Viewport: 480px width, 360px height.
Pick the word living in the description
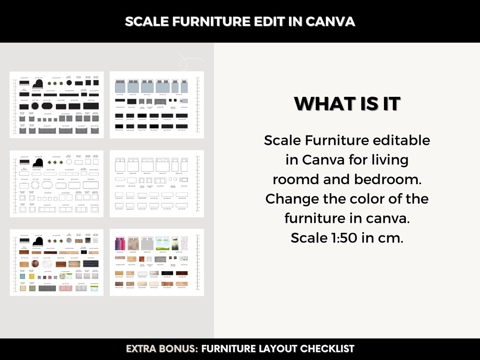point(386,160)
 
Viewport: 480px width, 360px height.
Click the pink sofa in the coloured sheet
point(65,288)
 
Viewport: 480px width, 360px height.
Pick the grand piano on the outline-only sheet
point(38,162)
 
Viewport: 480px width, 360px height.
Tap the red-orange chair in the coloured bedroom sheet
point(142,259)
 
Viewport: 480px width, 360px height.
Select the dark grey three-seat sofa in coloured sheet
point(48,288)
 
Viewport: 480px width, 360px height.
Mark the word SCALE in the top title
point(145,21)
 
